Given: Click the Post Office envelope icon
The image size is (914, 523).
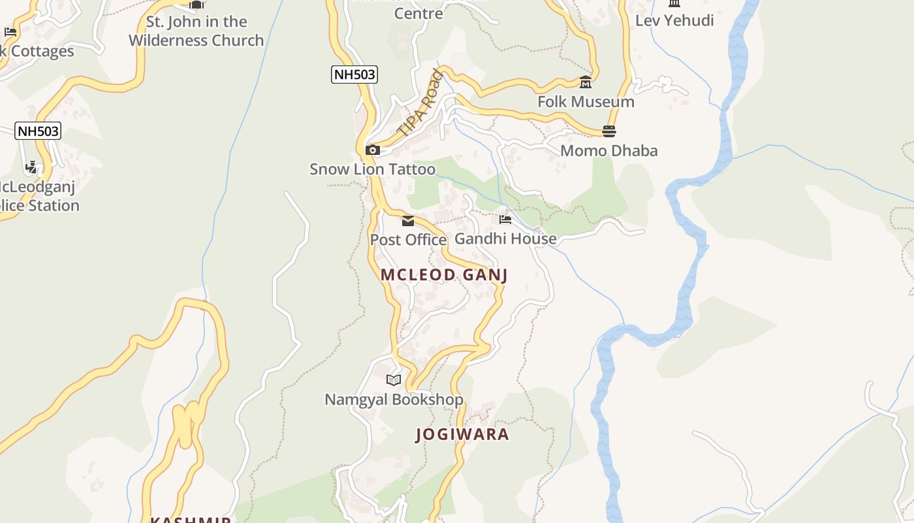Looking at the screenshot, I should click(x=408, y=220).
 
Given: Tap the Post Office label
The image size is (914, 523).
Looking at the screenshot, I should click(x=408, y=240).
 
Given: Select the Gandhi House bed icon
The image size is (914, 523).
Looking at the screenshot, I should click(x=505, y=220).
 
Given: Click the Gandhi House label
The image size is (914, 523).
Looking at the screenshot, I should click(x=505, y=239).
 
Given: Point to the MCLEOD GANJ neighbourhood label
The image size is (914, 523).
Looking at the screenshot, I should click(x=444, y=275).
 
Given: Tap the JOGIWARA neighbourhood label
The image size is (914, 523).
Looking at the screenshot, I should click(x=462, y=435).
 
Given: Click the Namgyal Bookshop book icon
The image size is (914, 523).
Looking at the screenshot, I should click(x=394, y=380).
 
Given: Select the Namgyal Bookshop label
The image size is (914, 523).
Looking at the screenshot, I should click(x=394, y=399).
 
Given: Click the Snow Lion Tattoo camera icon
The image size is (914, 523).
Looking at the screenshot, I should click(x=373, y=150).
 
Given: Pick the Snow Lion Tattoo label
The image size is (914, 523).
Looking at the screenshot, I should click(x=372, y=169).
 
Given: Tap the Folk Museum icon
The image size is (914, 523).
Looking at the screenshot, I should click(x=586, y=82).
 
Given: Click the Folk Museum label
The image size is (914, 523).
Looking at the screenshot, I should click(x=586, y=102).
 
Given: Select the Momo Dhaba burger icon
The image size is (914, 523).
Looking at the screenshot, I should click(x=609, y=131).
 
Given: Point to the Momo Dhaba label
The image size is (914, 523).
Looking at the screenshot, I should click(x=609, y=151).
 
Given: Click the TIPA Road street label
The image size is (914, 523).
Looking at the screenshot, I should click(x=420, y=103).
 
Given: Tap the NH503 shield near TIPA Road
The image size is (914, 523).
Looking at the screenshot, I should click(x=355, y=75).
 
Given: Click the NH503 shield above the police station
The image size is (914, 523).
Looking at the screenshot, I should click(x=39, y=131).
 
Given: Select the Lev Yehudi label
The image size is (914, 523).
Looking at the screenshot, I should click(x=674, y=20).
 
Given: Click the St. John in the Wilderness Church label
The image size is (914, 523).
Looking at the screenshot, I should click(x=196, y=31).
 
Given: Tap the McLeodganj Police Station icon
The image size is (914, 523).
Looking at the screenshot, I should click(x=31, y=168).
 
